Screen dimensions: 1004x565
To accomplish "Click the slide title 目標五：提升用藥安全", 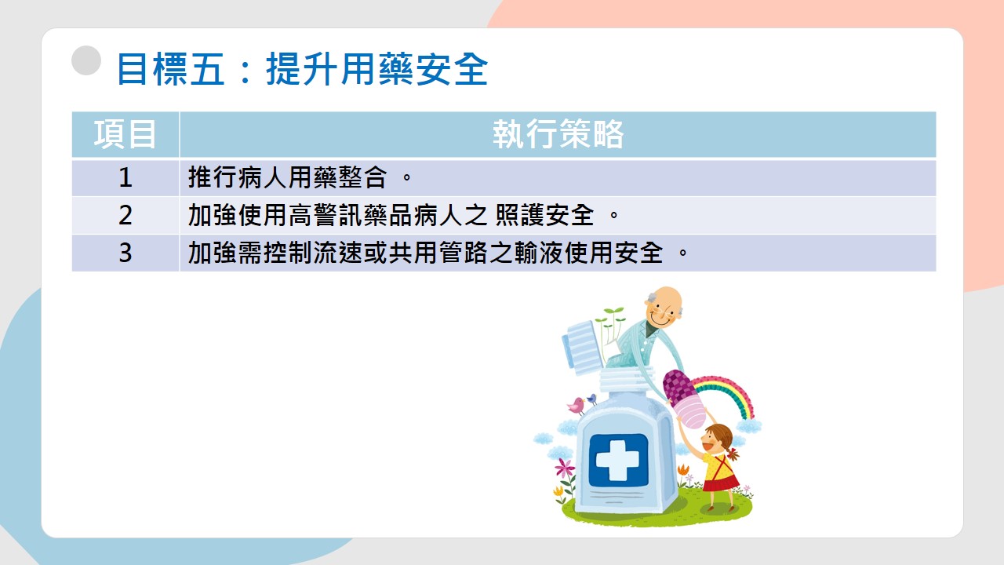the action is tap(302, 69).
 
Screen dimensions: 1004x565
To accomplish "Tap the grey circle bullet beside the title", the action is tap(86, 60).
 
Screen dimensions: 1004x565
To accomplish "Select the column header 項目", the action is tap(125, 134).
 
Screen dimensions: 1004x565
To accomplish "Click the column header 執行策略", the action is tap(558, 134).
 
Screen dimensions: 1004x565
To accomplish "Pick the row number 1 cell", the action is tap(125, 177).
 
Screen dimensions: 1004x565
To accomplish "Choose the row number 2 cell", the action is tap(125, 215).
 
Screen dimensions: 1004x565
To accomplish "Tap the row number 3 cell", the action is tap(125, 253).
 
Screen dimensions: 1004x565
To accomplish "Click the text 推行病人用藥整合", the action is tap(287, 177).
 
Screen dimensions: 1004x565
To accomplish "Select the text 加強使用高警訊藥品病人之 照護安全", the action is tap(391, 215).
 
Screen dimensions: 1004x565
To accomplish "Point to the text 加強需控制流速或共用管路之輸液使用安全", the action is tap(425, 253).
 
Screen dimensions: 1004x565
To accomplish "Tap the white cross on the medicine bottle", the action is tap(618, 460).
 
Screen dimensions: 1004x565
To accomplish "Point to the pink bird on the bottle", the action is tap(577, 406).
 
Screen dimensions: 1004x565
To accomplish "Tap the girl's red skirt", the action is tap(721, 483).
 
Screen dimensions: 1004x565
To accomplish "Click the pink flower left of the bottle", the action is tap(565, 468).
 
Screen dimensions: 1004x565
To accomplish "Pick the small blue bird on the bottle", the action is tap(592, 399).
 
